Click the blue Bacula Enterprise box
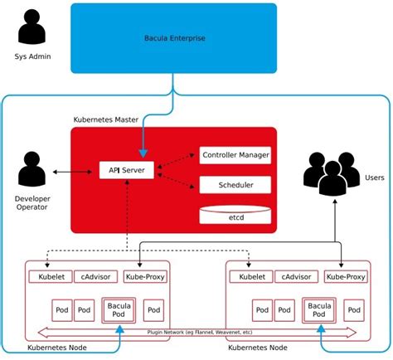pyautogui.click(x=172, y=38)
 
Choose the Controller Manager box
pyautogui.click(x=235, y=155)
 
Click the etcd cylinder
pyautogui.click(x=235, y=215)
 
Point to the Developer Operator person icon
pyautogui.click(x=32, y=170)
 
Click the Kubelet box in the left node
pyautogui.click(x=49, y=276)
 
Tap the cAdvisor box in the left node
pyautogui.click(x=95, y=276)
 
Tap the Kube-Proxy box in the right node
pyautogui.click(x=344, y=276)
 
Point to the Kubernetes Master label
pyautogui.click(x=105, y=120)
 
